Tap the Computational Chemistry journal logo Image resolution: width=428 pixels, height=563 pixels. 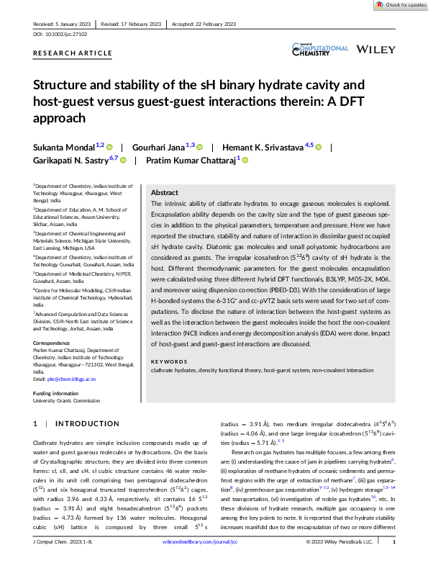319,48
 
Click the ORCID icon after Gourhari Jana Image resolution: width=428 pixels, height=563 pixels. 200,146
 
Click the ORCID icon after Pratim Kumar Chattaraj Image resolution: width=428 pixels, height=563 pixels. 245,160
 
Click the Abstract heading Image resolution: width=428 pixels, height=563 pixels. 165,193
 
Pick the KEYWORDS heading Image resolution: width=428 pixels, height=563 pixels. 169,361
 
